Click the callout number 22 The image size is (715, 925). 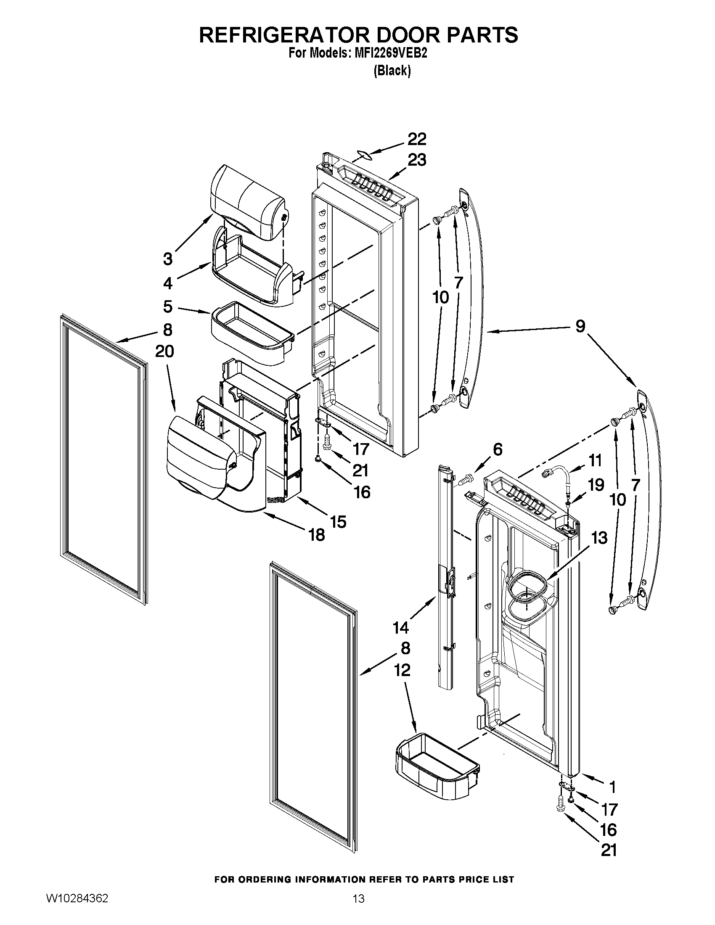point(417,139)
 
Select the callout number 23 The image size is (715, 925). point(417,161)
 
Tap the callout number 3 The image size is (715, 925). point(168,259)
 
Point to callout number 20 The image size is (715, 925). point(164,351)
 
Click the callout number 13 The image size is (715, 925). point(599,538)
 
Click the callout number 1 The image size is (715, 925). point(612,787)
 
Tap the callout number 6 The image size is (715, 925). point(497,449)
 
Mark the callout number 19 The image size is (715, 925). point(596,485)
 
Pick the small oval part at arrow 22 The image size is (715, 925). point(365,155)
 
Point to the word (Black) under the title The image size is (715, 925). point(392,71)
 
